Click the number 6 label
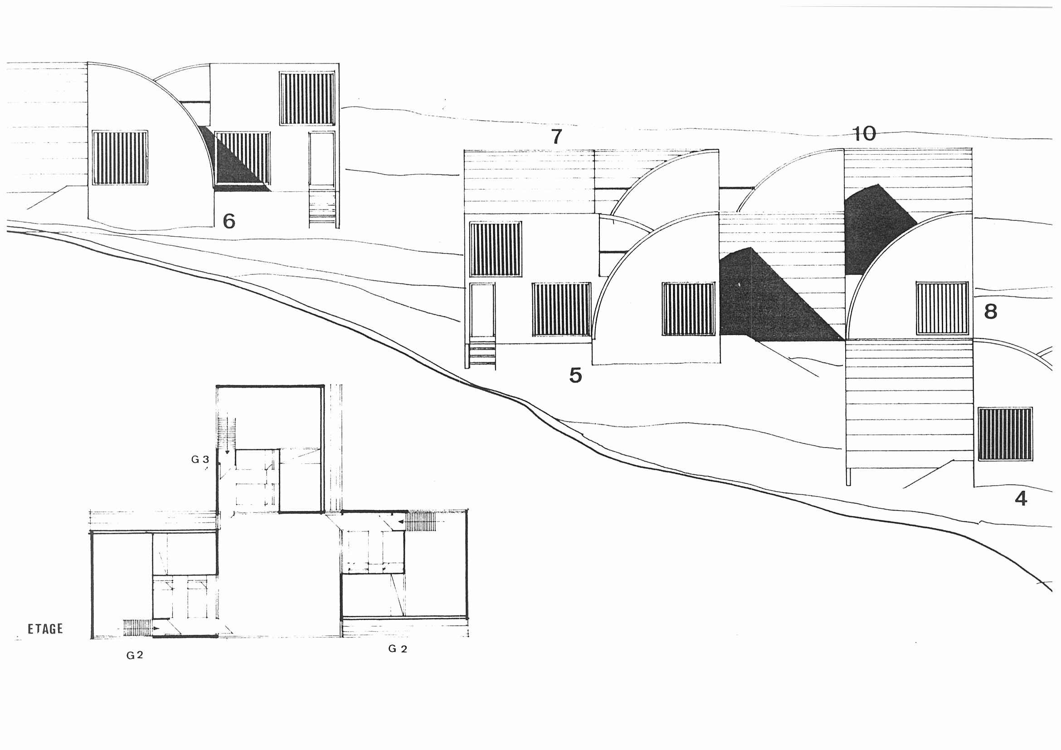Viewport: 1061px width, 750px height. click(x=229, y=221)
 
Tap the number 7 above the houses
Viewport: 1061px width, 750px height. click(x=557, y=136)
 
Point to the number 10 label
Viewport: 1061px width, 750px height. click(x=864, y=134)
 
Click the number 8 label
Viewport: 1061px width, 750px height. click(x=990, y=312)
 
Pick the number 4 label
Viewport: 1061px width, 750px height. click(x=1021, y=499)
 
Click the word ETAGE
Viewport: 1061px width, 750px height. click(x=45, y=629)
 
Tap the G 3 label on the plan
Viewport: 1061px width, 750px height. click(x=200, y=459)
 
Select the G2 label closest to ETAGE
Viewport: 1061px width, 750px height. click(x=135, y=655)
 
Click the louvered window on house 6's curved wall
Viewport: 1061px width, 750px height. click(x=120, y=158)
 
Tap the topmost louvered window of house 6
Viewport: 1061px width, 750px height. click(x=307, y=98)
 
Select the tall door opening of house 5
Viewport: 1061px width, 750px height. click(x=482, y=310)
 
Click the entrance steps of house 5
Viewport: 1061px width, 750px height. click(x=482, y=355)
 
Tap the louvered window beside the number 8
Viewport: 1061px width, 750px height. click(x=942, y=308)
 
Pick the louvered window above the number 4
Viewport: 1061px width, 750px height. click(x=1005, y=434)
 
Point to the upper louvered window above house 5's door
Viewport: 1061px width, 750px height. click(x=496, y=249)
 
